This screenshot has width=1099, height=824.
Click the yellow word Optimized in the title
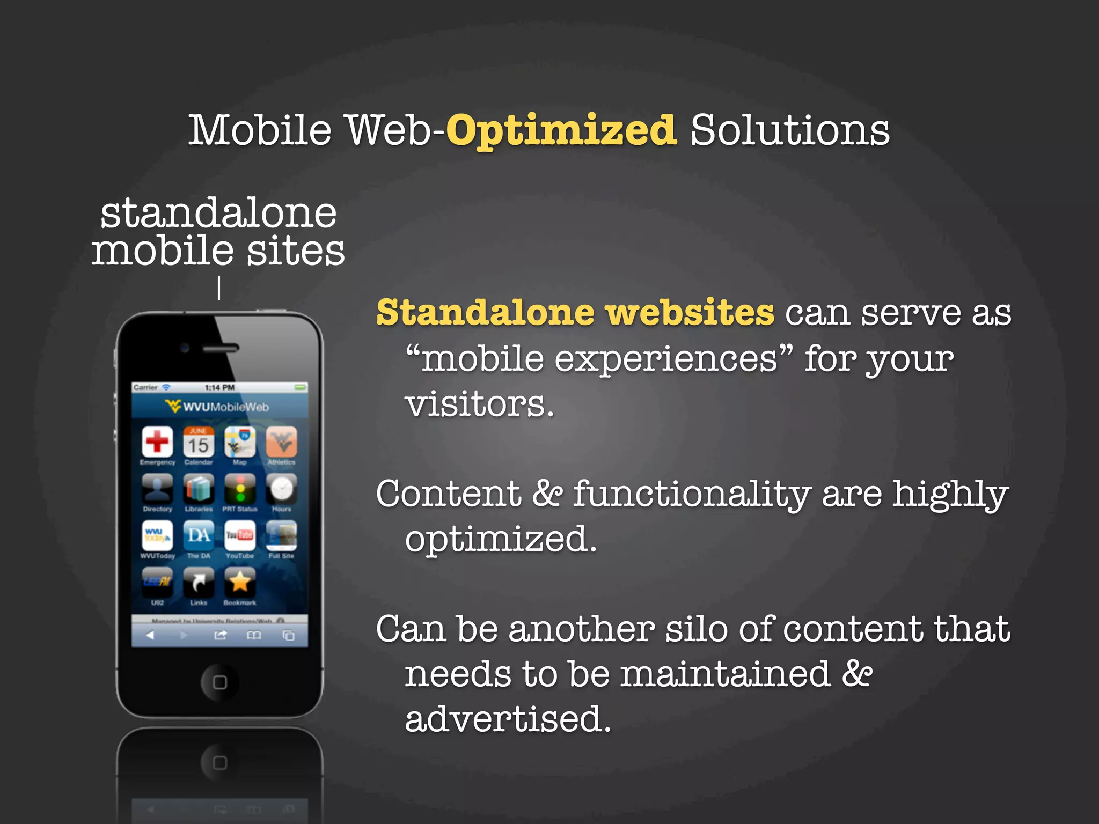point(561,131)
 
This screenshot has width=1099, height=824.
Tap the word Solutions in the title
point(790,131)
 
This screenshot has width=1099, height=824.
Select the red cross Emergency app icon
point(157,442)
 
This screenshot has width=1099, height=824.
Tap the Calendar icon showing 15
point(199,442)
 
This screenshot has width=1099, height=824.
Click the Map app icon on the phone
point(240,442)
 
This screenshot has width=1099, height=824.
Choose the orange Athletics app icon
point(281,442)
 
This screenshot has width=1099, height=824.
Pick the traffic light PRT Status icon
point(240,489)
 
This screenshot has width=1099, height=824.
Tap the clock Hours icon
point(281,489)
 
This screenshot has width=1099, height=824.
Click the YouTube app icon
point(240,535)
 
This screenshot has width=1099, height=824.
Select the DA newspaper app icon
point(199,535)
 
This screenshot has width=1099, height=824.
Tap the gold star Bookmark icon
point(240,582)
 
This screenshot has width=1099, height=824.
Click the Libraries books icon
point(199,489)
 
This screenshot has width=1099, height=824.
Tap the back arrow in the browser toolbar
point(150,636)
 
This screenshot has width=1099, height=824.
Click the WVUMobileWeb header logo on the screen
point(217,407)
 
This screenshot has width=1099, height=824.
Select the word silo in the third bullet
point(697,629)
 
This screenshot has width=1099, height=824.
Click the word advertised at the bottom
point(508,719)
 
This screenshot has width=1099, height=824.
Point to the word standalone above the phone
point(218,214)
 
